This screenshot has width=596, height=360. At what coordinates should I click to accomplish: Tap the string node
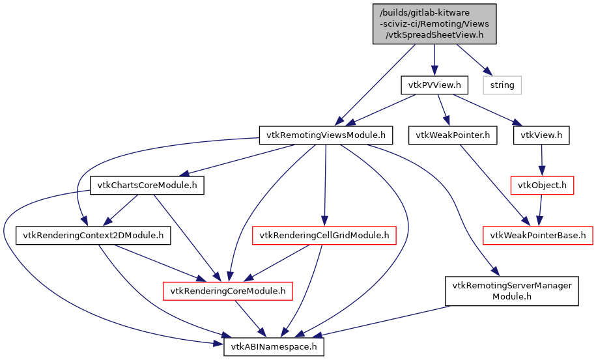(502, 85)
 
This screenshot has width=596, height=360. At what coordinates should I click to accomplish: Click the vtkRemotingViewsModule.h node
(326, 135)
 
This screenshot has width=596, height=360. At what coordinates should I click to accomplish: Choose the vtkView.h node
(542, 135)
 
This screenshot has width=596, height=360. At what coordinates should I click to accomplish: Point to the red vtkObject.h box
(542, 186)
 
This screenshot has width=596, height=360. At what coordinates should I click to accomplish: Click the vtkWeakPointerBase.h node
(537, 235)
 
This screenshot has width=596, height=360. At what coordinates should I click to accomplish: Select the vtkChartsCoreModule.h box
(147, 186)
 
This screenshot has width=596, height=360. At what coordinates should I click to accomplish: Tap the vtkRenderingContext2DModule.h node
(93, 235)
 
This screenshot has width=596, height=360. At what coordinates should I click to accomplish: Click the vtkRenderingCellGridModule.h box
(324, 235)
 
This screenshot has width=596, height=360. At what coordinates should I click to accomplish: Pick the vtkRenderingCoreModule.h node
(227, 290)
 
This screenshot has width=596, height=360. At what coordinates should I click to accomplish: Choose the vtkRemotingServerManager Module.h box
(512, 290)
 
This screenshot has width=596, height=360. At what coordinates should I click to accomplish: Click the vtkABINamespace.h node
(274, 346)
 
